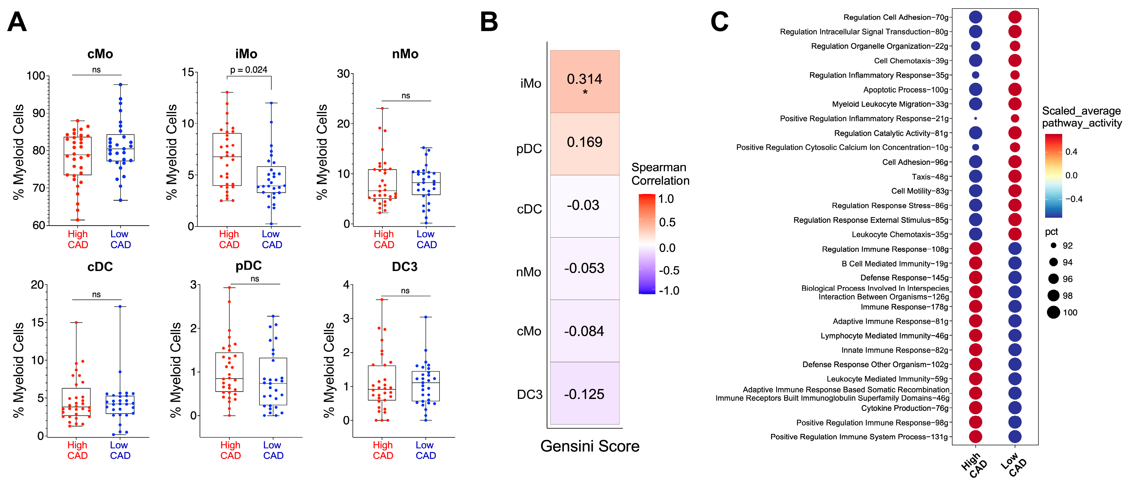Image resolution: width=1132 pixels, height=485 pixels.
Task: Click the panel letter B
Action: pyautogui.click(x=489, y=22)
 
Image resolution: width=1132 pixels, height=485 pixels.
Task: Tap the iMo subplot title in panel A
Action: pyautogui.click(x=246, y=54)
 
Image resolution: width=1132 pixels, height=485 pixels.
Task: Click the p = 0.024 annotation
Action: pyautogui.click(x=249, y=70)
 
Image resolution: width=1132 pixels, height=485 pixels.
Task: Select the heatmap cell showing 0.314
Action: pyautogui.click(x=584, y=82)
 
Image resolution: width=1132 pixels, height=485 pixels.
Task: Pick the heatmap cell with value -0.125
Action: pyautogui.click(x=584, y=394)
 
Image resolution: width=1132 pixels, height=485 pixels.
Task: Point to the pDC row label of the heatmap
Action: pyautogui.click(x=529, y=149)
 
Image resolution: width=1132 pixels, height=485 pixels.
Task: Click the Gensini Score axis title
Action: pyautogui.click(x=590, y=446)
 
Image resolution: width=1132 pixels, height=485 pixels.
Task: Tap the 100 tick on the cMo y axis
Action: pyautogui.click(x=36, y=76)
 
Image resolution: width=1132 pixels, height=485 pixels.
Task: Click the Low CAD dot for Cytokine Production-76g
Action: pyautogui.click(x=1015, y=408)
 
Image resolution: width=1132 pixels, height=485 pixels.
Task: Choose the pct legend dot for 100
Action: pyautogui.click(x=1053, y=312)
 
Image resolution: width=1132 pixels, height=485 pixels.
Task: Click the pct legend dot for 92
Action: pyautogui.click(x=1053, y=246)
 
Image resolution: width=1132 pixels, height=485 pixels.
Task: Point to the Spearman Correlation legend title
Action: pyautogui.click(x=660, y=174)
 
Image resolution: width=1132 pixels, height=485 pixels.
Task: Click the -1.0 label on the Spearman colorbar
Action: pyautogui.click(x=669, y=290)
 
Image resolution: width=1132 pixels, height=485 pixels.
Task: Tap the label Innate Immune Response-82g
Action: pyautogui.click(x=895, y=350)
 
